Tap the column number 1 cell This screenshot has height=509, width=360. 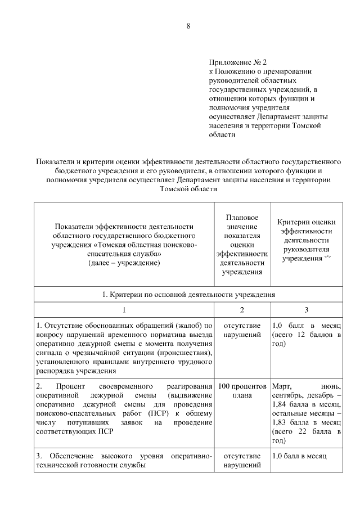[x=124, y=310]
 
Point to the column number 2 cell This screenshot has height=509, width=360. [x=242, y=310]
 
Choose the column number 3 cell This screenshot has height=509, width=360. [x=307, y=310]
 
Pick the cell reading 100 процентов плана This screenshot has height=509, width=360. [x=242, y=390]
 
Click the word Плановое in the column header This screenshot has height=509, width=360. [x=242, y=217]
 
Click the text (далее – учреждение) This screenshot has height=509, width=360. [x=124, y=263]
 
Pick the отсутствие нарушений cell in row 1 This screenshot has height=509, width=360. [x=242, y=330]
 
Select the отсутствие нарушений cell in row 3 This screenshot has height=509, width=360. [x=242, y=461]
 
